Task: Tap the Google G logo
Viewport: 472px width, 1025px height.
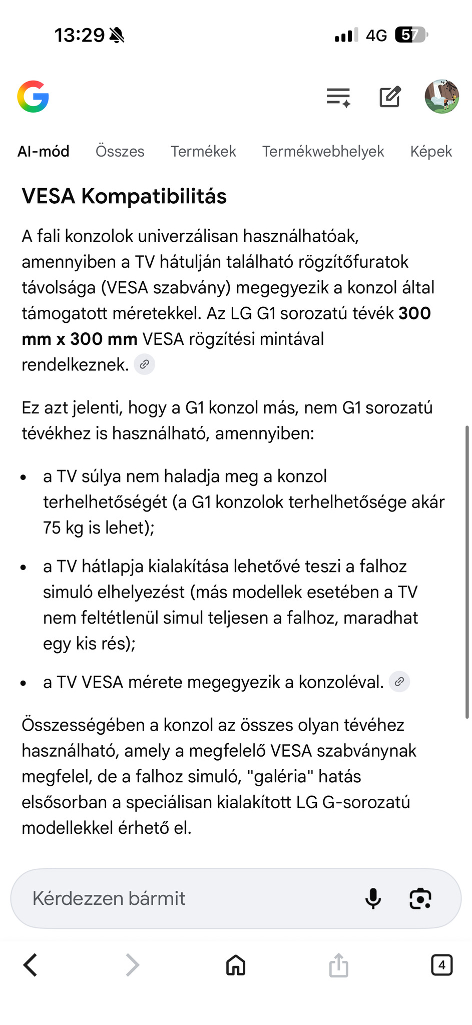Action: [x=33, y=97]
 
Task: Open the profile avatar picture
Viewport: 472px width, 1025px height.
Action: [x=441, y=97]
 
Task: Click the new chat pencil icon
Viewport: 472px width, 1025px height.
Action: [x=390, y=97]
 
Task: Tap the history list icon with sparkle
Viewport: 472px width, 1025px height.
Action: [x=339, y=97]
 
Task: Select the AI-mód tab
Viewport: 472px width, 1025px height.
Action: [x=44, y=151]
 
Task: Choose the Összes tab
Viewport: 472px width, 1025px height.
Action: [x=120, y=151]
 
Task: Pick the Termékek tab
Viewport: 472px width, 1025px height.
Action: [x=203, y=151]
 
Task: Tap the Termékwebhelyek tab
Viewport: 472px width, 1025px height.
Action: [x=323, y=151]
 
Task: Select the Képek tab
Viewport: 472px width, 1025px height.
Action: [x=431, y=151]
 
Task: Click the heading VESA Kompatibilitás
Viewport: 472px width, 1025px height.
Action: [x=124, y=196]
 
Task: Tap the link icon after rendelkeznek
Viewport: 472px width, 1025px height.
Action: [x=145, y=364]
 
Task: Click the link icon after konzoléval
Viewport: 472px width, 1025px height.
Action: [x=399, y=682]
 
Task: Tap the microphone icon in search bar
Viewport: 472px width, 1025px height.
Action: [x=373, y=898]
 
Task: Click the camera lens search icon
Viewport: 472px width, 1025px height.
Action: [x=420, y=898]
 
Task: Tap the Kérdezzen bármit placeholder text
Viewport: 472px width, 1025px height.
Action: [x=109, y=898]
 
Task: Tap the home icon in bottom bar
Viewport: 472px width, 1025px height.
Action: [x=236, y=965]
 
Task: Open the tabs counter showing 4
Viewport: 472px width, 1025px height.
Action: [x=441, y=965]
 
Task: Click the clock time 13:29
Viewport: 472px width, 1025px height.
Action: [x=80, y=35]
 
